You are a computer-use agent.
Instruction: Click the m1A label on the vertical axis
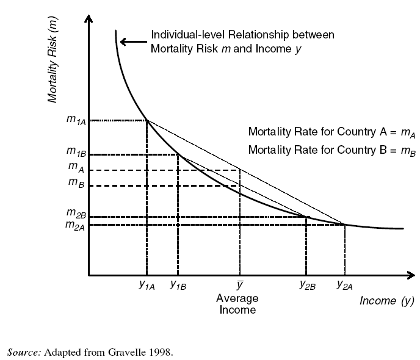[x=76, y=120]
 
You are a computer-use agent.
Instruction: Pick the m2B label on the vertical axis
[x=76, y=214]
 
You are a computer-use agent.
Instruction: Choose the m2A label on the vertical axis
[x=76, y=226]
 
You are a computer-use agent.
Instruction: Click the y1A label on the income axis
[x=147, y=285]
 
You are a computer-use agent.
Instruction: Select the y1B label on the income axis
[x=178, y=285]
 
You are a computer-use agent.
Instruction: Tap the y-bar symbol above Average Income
[x=240, y=284]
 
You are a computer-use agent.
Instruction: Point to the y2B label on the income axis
[x=307, y=285]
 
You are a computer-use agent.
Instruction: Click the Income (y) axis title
[x=386, y=301]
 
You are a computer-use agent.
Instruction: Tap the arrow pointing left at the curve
[x=131, y=42]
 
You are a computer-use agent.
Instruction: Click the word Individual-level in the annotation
[x=184, y=35]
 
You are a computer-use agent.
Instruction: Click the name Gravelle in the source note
[x=133, y=352]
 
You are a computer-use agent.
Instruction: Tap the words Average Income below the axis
[x=237, y=304]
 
